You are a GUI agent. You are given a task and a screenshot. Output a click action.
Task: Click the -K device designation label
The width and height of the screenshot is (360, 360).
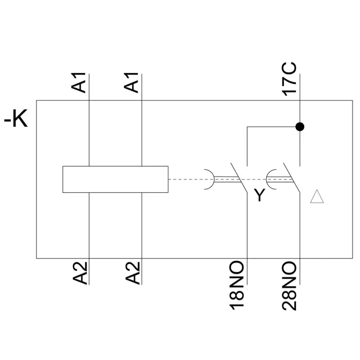(16, 119)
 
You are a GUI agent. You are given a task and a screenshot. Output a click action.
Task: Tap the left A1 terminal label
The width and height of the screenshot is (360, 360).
(78, 83)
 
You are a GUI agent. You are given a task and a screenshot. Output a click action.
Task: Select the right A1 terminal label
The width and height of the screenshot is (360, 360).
(131, 83)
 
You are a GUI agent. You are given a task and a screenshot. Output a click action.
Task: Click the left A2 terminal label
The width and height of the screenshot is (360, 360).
(80, 273)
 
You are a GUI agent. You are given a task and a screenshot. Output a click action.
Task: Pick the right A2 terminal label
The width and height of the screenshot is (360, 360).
(133, 273)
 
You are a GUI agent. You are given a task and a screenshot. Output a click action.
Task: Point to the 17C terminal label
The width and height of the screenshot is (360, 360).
(289, 79)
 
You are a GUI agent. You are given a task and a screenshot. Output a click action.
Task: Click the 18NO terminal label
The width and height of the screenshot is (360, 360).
(236, 285)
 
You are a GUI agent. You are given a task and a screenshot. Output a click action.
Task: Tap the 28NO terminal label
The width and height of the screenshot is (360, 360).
(289, 286)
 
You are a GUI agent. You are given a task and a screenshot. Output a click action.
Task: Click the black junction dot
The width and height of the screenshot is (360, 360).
(300, 127)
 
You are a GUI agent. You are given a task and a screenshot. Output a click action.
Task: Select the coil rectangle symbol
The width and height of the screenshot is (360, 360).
(116, 179)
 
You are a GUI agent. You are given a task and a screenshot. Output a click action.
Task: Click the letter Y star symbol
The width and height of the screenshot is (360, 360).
(260, 195)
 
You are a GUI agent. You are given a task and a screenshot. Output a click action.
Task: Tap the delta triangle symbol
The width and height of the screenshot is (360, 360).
(317, 197)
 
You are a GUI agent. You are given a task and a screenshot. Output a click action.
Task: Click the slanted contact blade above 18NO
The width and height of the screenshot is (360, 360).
(239, 177)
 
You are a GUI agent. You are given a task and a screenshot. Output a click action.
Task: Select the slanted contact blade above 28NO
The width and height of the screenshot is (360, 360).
(291, 177)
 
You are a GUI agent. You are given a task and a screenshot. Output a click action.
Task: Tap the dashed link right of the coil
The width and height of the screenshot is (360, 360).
(186, 179)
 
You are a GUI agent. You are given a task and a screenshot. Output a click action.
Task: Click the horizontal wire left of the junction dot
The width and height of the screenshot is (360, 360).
(271, 127)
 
